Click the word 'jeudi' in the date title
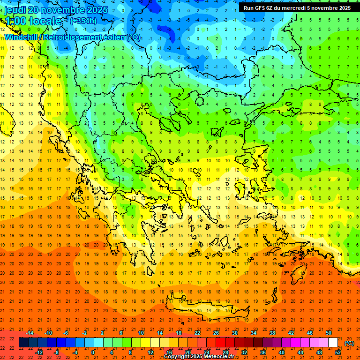(15, 10)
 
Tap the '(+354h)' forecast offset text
(83, 21)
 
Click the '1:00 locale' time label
(33, 21)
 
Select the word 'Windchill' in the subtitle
(21, 37)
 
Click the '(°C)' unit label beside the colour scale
(349, 343)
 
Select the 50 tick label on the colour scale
(329, 333)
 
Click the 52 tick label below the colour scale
(338, 352)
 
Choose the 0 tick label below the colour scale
(93, 352)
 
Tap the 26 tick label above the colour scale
(216, 333)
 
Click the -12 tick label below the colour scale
(39, 352)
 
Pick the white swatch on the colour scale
(333, 343)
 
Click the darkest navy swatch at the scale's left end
(23, 343)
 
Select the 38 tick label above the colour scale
(272, 333)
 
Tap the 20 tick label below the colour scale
(188, 352)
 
